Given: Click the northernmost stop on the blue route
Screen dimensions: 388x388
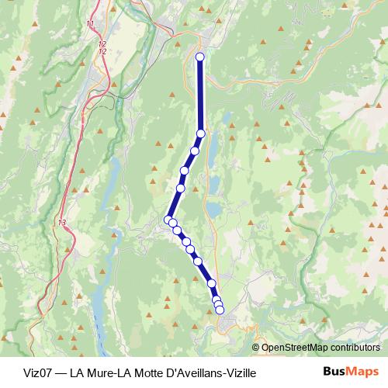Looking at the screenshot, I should (200, 57).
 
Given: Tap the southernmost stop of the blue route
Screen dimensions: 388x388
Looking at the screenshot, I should (220, 310).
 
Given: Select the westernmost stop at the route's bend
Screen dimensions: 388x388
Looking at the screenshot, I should (168, 220).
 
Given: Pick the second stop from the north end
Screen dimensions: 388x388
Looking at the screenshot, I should (201, 133).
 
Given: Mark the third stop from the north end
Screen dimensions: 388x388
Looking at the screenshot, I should (195, 151).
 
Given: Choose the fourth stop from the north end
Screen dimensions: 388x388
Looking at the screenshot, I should (185, 171).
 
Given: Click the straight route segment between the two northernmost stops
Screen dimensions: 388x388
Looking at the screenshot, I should (200, 95).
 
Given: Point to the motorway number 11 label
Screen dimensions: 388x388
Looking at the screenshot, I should (91, 25).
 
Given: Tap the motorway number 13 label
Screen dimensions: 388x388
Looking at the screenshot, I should (61, 223).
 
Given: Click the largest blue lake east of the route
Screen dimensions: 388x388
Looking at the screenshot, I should (213, 209).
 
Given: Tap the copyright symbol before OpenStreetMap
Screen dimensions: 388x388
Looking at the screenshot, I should (256, 348).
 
